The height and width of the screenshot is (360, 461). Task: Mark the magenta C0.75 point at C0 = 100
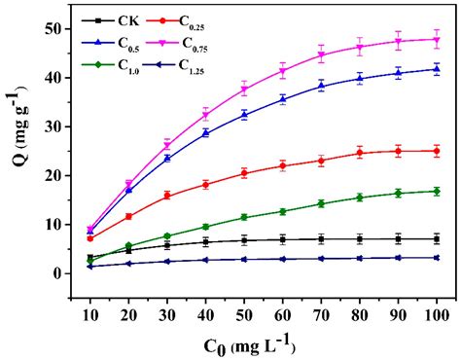click(436, 39)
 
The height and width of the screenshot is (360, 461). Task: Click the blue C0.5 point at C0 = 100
click(436, 69)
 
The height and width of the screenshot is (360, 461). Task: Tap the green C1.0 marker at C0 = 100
click(436, 192)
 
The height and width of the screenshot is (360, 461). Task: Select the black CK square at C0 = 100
click(436, 238)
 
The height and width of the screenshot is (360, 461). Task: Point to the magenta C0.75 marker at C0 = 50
click(244, 90)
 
